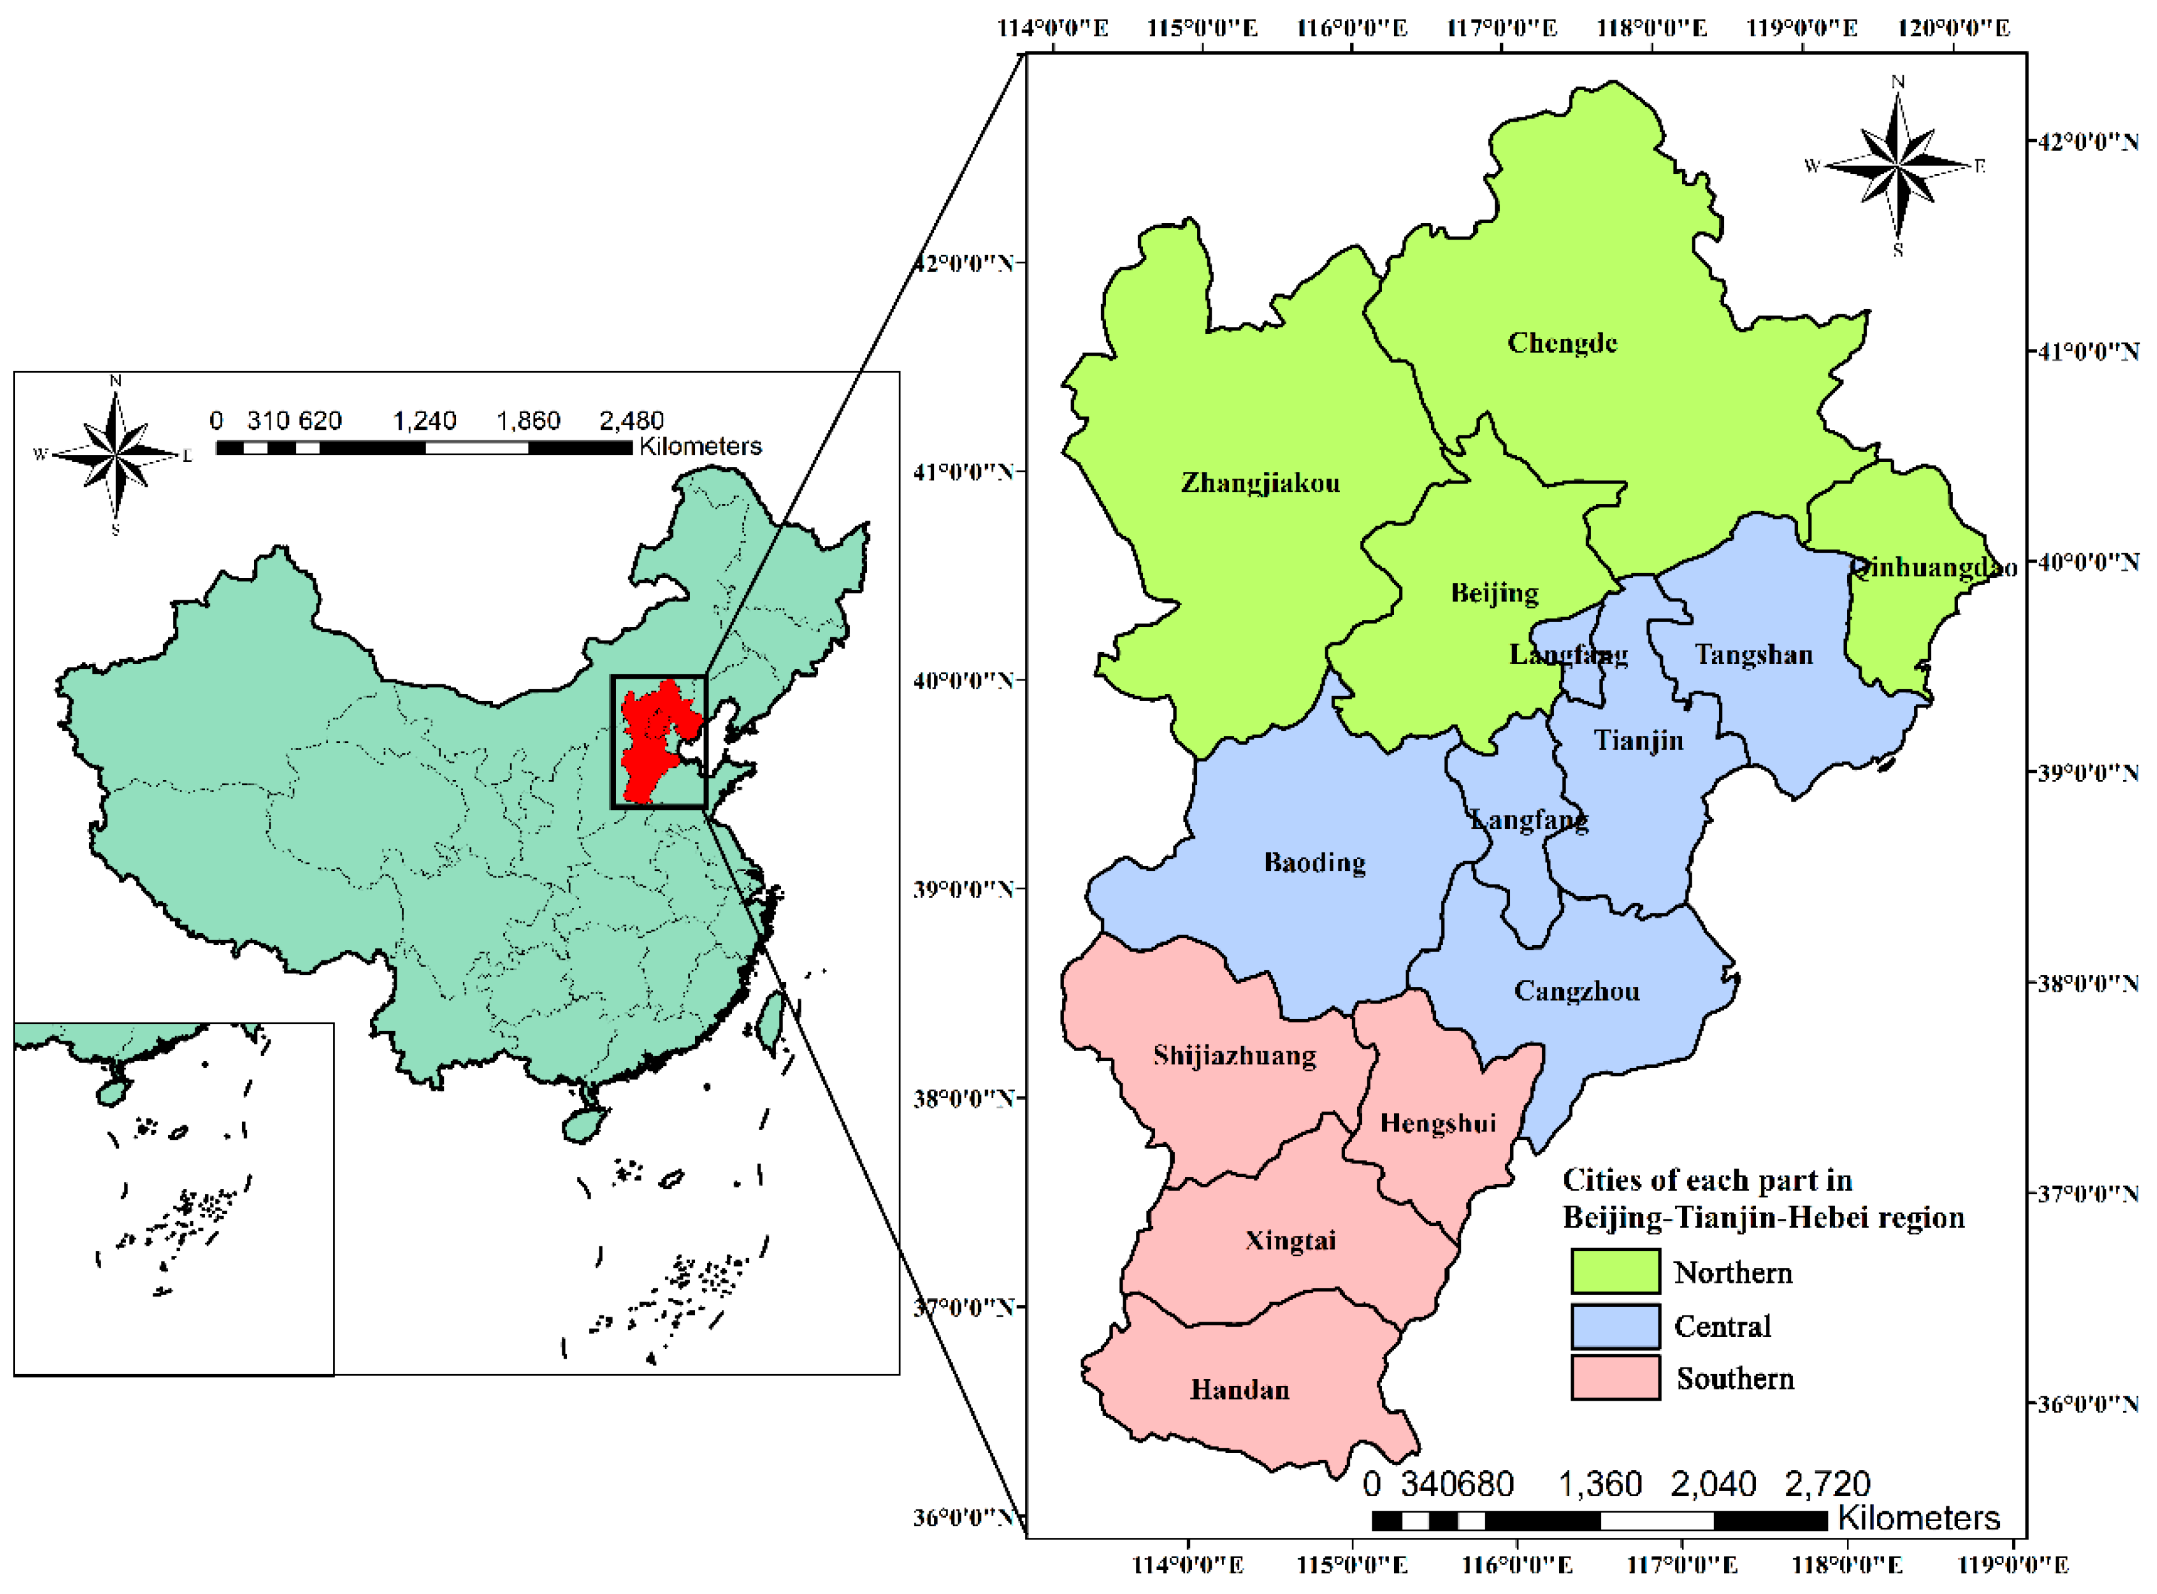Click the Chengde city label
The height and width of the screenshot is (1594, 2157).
1561,343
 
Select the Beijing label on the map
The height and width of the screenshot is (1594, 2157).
1494,592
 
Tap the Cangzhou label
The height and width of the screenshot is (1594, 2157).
1576,992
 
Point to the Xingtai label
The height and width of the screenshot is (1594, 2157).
1290,1241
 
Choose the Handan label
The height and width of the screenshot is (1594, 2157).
1239,1390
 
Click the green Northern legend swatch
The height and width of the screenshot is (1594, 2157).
1615,1272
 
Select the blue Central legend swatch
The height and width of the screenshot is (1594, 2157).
1615,1326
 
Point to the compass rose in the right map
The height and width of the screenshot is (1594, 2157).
1896,166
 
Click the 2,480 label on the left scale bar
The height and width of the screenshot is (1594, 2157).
631,421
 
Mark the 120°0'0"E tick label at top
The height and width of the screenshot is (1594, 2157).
1952,27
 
